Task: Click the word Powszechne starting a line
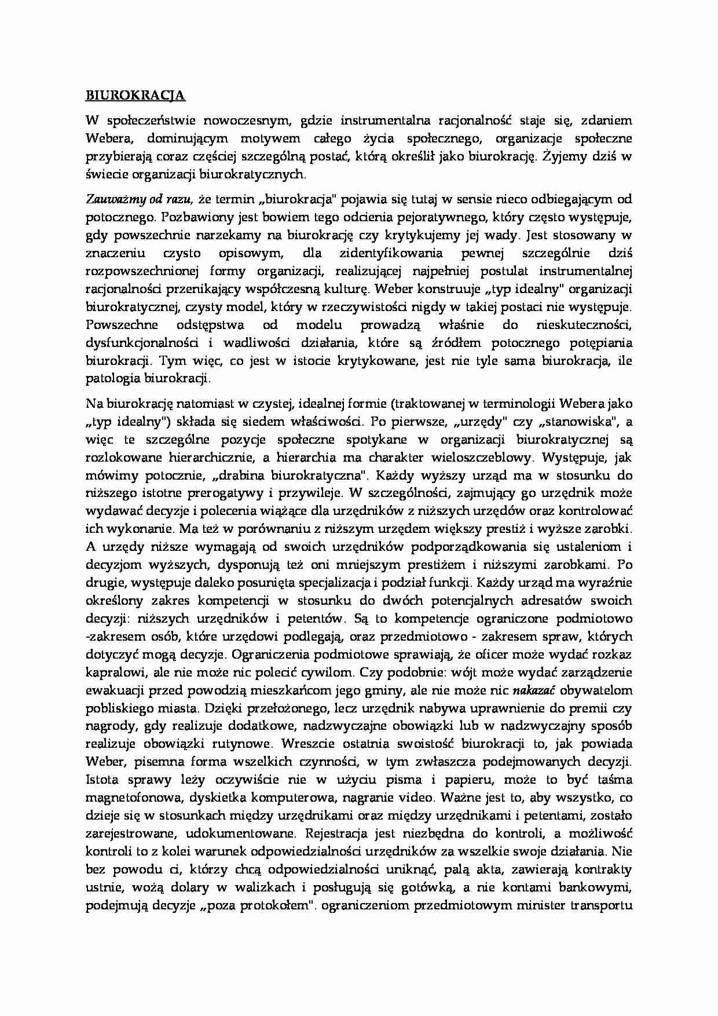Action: pyautogui.click(x=122, y=325)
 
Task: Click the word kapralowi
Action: pyautogui.click(x=113, y=673)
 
